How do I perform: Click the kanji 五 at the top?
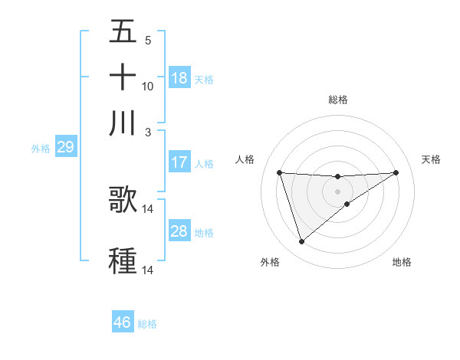tap(123, 31)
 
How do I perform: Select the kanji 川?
tap(123, 123)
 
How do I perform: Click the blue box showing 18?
tap(179, 77)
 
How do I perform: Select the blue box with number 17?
tap(179, 162)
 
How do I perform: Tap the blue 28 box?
tap(179, 231)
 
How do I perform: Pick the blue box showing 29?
tap(65, 147)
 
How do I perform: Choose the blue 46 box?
tap(123, 322)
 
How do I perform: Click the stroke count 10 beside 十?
tap(148, 86)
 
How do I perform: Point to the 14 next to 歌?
tap(148, 208)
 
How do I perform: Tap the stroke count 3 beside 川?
tap(148, 131)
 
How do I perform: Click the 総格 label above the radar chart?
tap(338, 100)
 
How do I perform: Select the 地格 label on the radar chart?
tap(402, 262)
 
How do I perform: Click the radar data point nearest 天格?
tap(396, 172)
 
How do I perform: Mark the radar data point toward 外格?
tap(301, 242)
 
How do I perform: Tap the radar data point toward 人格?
tap(279, 172)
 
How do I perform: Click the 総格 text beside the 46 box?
tap(147, 324)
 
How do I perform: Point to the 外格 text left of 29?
tap(41, 149)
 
